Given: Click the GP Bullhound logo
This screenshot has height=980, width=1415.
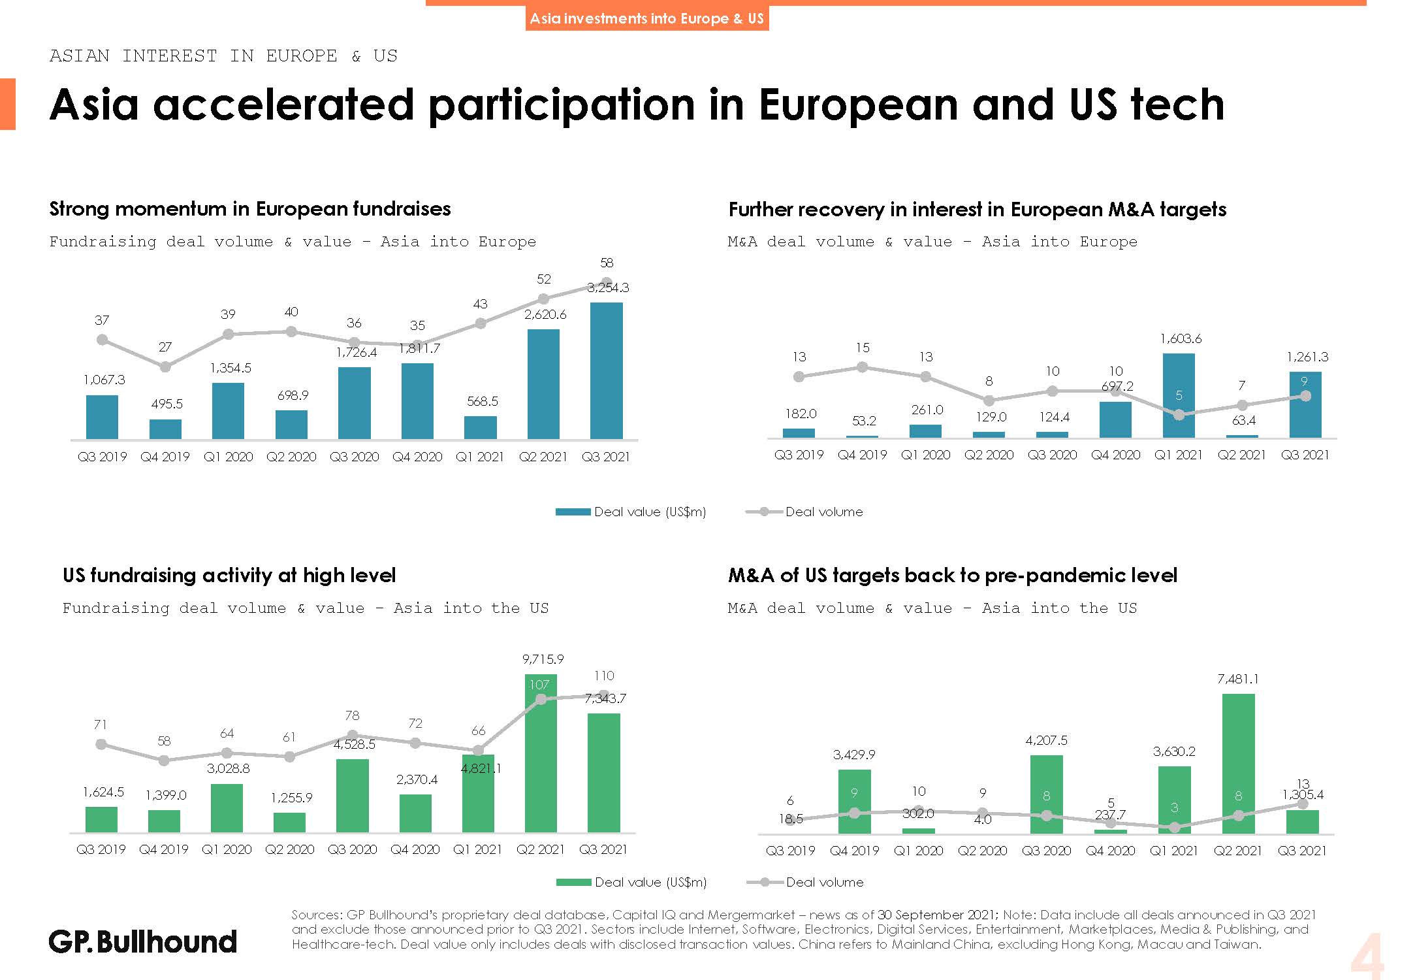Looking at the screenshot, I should click(x=142, y=941).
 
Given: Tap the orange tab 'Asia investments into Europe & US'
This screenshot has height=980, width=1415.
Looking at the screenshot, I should click(x=646, y=18).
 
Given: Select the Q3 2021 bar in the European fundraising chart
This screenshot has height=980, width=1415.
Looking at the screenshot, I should click(x=606, y=370).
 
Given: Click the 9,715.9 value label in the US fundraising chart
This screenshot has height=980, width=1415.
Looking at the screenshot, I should click(x=543, y=659).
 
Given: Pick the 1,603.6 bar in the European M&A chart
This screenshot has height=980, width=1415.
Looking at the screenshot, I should click(x=1179, y=395).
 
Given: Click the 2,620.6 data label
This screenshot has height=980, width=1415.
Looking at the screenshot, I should click(x=545, y=315).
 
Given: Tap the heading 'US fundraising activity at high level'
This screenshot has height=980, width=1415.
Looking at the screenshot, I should click(x=229, y=575).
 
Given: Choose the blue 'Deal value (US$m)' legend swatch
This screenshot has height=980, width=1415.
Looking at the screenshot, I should click(x=573, y=512).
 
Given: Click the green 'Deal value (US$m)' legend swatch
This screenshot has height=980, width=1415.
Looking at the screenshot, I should click(x=573, y=882).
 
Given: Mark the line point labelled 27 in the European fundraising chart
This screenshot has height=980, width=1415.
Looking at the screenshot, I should click(x=165, y=367).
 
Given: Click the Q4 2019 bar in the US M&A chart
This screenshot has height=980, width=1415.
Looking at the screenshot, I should click(x=854, y=802).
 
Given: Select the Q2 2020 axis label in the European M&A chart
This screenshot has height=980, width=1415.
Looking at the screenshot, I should click(x=989, y=455).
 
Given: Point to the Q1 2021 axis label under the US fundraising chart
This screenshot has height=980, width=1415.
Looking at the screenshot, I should click(x=477, y=849).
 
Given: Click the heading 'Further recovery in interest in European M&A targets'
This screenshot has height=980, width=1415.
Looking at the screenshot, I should click(x=977, y=209).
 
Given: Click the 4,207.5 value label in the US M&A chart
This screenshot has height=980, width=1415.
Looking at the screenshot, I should click(x=1046, y=740).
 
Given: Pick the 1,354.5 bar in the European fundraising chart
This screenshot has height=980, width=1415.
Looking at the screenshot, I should click(x=228, y=411).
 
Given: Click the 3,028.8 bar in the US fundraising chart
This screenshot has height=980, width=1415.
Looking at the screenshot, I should click(x=227, y=808).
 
